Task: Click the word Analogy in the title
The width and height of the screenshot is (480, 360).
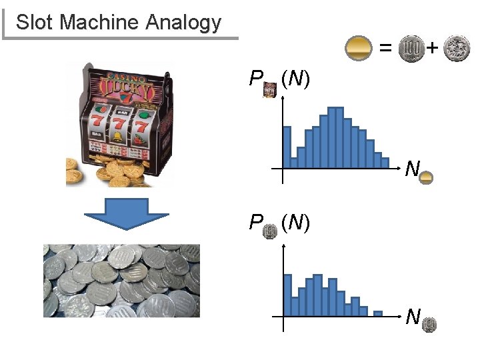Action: click(181, 22)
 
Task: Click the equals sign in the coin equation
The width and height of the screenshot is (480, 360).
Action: click(385, 48)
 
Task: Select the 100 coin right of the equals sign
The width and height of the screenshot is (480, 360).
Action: click(410, 49)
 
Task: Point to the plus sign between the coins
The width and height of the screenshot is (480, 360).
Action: click(432, 48)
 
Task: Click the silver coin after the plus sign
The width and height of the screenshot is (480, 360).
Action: click(457, 49)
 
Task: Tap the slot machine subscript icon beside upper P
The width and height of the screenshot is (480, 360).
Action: click(270, 90)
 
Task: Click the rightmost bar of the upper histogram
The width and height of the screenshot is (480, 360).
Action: click(385, 162)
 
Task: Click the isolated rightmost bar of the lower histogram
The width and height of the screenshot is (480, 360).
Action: click(377, 313)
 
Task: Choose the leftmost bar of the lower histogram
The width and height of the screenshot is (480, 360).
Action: click(287, 294)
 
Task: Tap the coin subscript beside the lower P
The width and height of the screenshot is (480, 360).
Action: click(270, 232)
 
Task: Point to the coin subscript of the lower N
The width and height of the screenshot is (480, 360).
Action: click(429, 325)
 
